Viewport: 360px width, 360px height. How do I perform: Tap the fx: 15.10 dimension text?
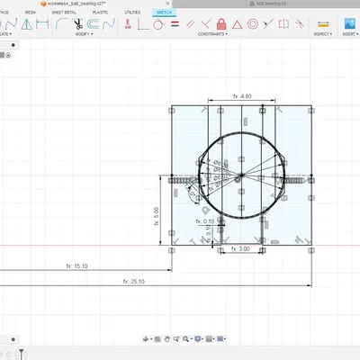pos(76,265)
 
